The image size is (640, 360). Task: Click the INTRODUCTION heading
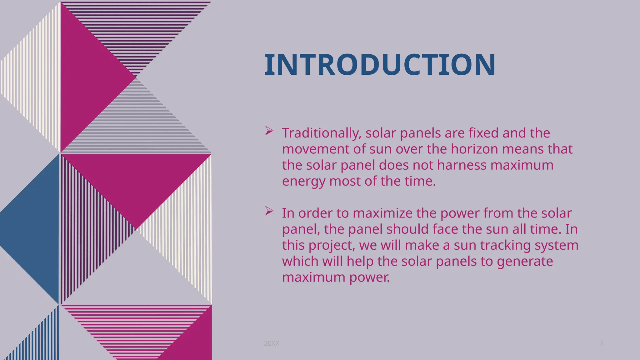click(x=380, y=65)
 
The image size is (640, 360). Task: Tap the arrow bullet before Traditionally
click(x=269, y=131)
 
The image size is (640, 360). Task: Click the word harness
click(x=462, y=165)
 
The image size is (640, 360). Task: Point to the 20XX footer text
click(x=271, y=343)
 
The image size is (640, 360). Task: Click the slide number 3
click(x=601, y=343)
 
